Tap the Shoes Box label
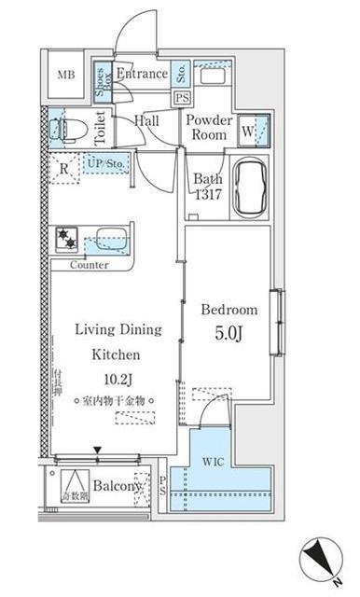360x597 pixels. point(103,75)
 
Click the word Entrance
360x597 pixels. point(142,74)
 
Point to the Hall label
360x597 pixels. point(145,121)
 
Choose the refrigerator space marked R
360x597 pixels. point(63,170)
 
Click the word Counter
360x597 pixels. point(89,265)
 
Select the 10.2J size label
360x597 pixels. point(116,380)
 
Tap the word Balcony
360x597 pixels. point(117,486)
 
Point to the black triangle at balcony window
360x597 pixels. point(97,451)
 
